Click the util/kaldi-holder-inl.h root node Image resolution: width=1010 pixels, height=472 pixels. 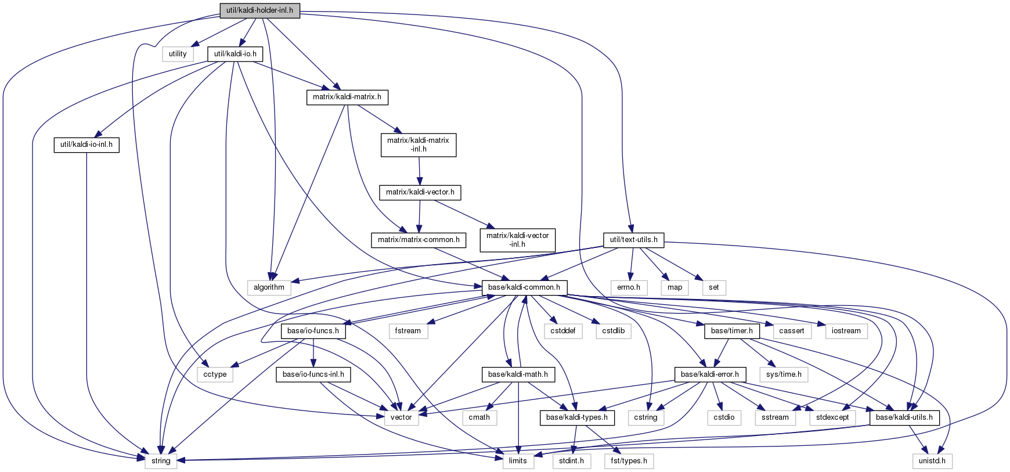point(259,10)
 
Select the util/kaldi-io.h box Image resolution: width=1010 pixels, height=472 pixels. point(235,54)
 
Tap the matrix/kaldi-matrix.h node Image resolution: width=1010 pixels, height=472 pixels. point(347,97)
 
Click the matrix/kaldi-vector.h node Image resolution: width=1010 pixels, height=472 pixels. point(420,192)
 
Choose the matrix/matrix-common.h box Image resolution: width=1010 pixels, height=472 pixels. point(419,240)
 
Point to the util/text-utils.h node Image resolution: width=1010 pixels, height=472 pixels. point(633,240)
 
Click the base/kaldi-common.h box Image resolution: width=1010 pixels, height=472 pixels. point(524,287)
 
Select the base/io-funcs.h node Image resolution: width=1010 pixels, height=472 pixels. point(313,331)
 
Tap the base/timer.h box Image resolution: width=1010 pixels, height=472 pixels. point(731,331)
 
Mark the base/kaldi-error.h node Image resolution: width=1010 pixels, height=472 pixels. point(709,374)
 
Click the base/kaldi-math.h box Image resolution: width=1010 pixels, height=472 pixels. point(518,374)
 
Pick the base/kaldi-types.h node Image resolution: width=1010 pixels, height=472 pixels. point(576,417)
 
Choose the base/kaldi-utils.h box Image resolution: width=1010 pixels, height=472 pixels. point(904,417)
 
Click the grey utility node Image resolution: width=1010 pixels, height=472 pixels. point(178,54)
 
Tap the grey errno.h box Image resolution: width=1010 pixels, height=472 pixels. point(628,287)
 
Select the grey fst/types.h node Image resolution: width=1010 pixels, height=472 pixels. point(629,461)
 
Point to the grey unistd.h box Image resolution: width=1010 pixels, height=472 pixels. point(932,461)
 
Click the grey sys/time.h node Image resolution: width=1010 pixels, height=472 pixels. point(784,374)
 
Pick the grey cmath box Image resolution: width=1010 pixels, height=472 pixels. point(479,417)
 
